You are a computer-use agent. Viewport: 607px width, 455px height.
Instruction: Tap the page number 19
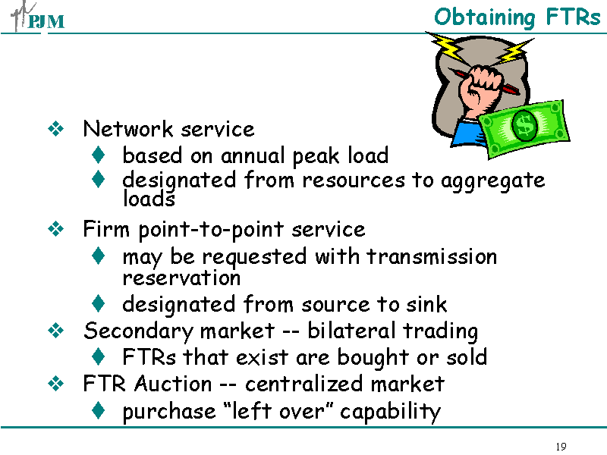[x=561, y=446]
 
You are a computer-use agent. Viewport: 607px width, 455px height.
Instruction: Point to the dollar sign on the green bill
[x=524, y=125]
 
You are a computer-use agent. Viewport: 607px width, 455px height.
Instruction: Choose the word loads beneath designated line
[x=149, y=199]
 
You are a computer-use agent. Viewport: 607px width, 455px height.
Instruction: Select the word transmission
[x=432, y=256]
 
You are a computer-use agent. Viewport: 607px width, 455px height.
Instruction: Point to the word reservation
[x=181, y=278]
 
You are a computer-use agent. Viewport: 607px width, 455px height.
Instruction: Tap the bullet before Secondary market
[x=55, y=331]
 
